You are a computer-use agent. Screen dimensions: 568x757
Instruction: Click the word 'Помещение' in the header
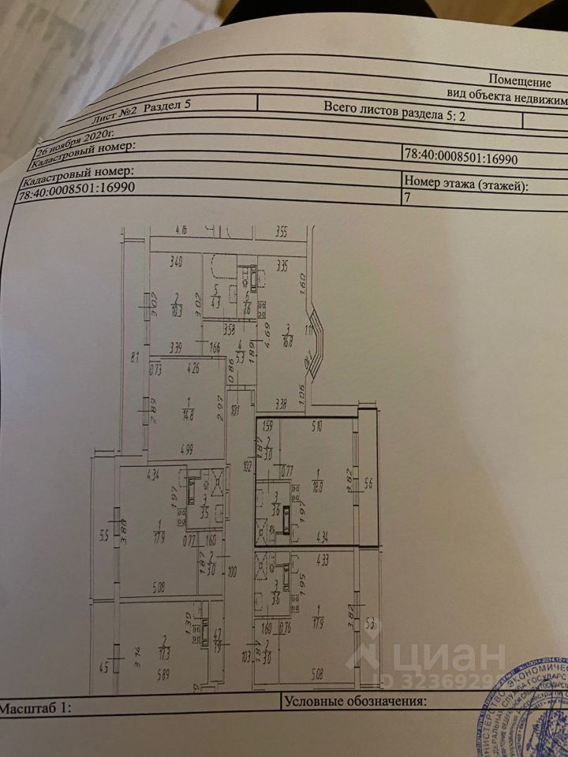(518, 80)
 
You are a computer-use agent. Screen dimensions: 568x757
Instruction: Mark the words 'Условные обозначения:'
(355, 700)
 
